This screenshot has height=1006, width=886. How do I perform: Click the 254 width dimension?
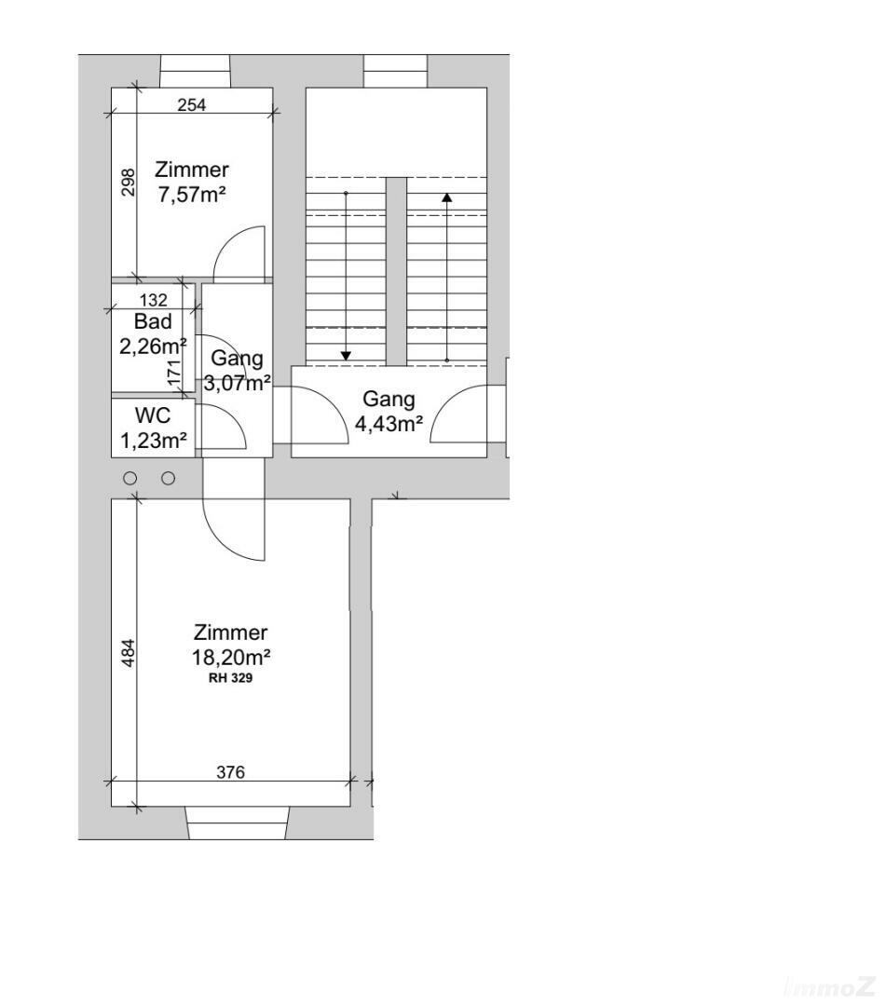click(191, 105)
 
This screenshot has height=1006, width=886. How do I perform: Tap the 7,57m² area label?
click(193, 195)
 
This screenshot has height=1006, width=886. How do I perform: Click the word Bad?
click(153, 322)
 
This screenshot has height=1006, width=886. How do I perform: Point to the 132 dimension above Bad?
click(153, 300)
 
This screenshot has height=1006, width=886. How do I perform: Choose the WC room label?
click(153, 416)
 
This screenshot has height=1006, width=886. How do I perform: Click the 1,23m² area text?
click(153, 442)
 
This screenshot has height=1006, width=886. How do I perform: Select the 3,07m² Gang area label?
click(237, 382)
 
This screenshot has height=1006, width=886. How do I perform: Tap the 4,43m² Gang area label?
click(388, 425)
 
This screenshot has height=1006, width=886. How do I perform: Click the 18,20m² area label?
click(231, 657)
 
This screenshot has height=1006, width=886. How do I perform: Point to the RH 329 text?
click(231, 679)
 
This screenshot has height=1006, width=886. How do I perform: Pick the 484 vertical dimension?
click(129, 652)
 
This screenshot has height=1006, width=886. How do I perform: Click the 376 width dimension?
click(230, 772)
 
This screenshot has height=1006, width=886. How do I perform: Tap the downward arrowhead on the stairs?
click(346, 355)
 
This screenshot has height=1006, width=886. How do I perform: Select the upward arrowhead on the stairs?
click(447, 197)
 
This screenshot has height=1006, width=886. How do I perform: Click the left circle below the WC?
click(130, 478)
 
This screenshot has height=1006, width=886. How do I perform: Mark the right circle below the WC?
click(169, 478)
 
